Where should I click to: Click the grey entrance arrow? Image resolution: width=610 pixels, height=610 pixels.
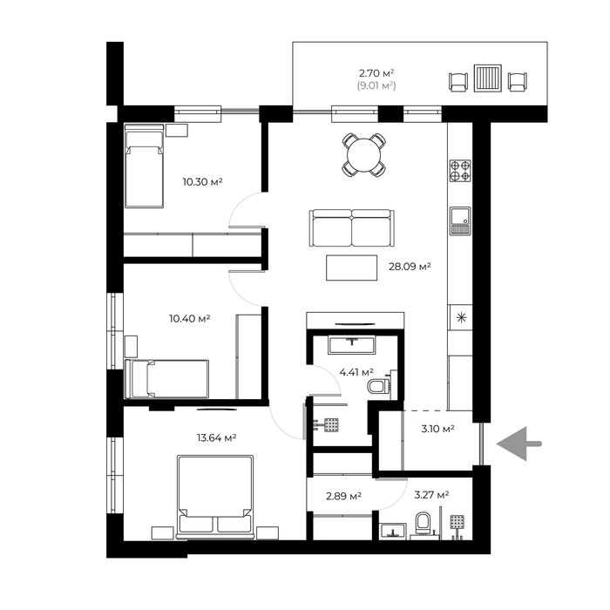[518, 444]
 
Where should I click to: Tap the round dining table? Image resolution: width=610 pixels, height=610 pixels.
[364, 155]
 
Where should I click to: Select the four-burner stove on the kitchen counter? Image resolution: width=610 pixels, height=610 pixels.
[460, 171]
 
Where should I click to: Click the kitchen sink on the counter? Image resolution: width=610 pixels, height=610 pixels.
[460, 221]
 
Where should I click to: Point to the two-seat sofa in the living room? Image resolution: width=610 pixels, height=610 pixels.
[352, 228]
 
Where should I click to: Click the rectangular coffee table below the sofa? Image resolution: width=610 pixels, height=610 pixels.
[352, 268]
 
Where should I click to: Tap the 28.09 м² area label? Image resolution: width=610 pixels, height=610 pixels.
[410, 267]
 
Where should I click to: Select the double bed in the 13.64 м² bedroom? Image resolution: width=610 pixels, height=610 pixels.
[215, 498]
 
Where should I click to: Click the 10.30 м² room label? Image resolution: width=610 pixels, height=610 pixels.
[203, 181]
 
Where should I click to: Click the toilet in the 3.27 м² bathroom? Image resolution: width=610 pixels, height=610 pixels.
[424, 523]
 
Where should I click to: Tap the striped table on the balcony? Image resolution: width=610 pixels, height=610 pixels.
[487, 78]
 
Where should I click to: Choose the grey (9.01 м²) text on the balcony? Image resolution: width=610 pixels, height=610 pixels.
[376, 85]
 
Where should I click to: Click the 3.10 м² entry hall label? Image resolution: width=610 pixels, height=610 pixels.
[438, 429]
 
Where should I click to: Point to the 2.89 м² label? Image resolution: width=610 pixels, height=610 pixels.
[344, 496]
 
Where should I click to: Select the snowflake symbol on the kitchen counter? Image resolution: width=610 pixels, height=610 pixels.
[461, 318]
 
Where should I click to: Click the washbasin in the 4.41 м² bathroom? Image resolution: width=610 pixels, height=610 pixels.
[352, 345]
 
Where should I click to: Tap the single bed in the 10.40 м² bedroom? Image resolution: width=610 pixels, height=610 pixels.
[167, 379]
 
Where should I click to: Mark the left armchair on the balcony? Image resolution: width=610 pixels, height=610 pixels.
[457, 82]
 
